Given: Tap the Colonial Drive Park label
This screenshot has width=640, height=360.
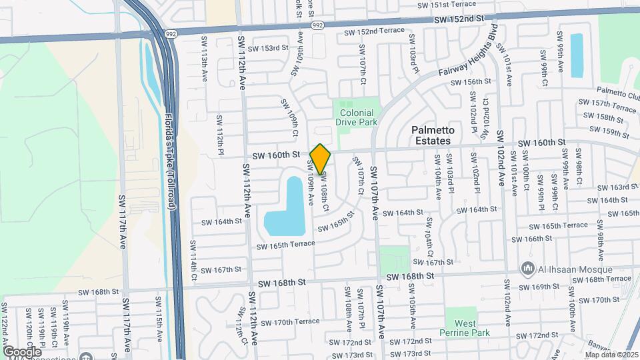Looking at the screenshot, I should [356, 117].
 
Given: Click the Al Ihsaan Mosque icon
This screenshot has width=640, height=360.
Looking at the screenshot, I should [527, 268].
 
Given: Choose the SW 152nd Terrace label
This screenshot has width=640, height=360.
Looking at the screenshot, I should [374, 31].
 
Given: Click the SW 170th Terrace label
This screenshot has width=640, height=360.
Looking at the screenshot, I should [290, 322].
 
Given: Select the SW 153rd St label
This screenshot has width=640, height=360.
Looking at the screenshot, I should [267, 48].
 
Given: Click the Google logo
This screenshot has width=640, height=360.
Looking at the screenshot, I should [22, 351].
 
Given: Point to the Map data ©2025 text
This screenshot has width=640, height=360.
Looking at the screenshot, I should [611, 354].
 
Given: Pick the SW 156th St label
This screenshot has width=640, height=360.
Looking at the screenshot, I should [471, 81].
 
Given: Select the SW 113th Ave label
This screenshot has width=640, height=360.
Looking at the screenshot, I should [204, 57].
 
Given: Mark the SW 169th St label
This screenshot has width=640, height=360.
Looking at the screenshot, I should [535, 287].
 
